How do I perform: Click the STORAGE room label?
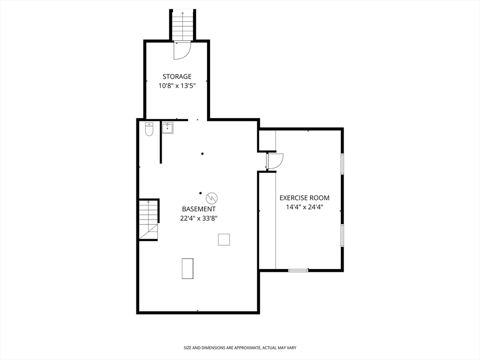[177, 76]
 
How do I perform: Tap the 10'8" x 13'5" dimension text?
[177, 86]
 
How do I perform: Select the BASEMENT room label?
[199, 209]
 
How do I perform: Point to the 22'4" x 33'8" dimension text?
[199, 218]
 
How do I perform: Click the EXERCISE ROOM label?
[305, 198]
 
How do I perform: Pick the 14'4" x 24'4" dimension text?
[305, 207]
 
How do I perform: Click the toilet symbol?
[149, 129]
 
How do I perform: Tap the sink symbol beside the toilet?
[167, 128]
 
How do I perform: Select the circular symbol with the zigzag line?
[212, 198]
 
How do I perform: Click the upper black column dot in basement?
[202, 154]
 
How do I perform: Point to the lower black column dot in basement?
[201, 193]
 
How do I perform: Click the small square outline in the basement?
[224, 240]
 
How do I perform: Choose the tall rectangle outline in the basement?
[187, 269]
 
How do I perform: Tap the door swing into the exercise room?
[275, 161]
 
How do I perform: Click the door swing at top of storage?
[182, 51]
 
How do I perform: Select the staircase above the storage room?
[183, 25]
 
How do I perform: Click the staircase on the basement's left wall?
[149, 220]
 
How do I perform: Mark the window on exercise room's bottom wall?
[298, 270]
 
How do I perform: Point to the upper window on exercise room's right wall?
[342, 164]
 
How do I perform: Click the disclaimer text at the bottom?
[240, 348]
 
